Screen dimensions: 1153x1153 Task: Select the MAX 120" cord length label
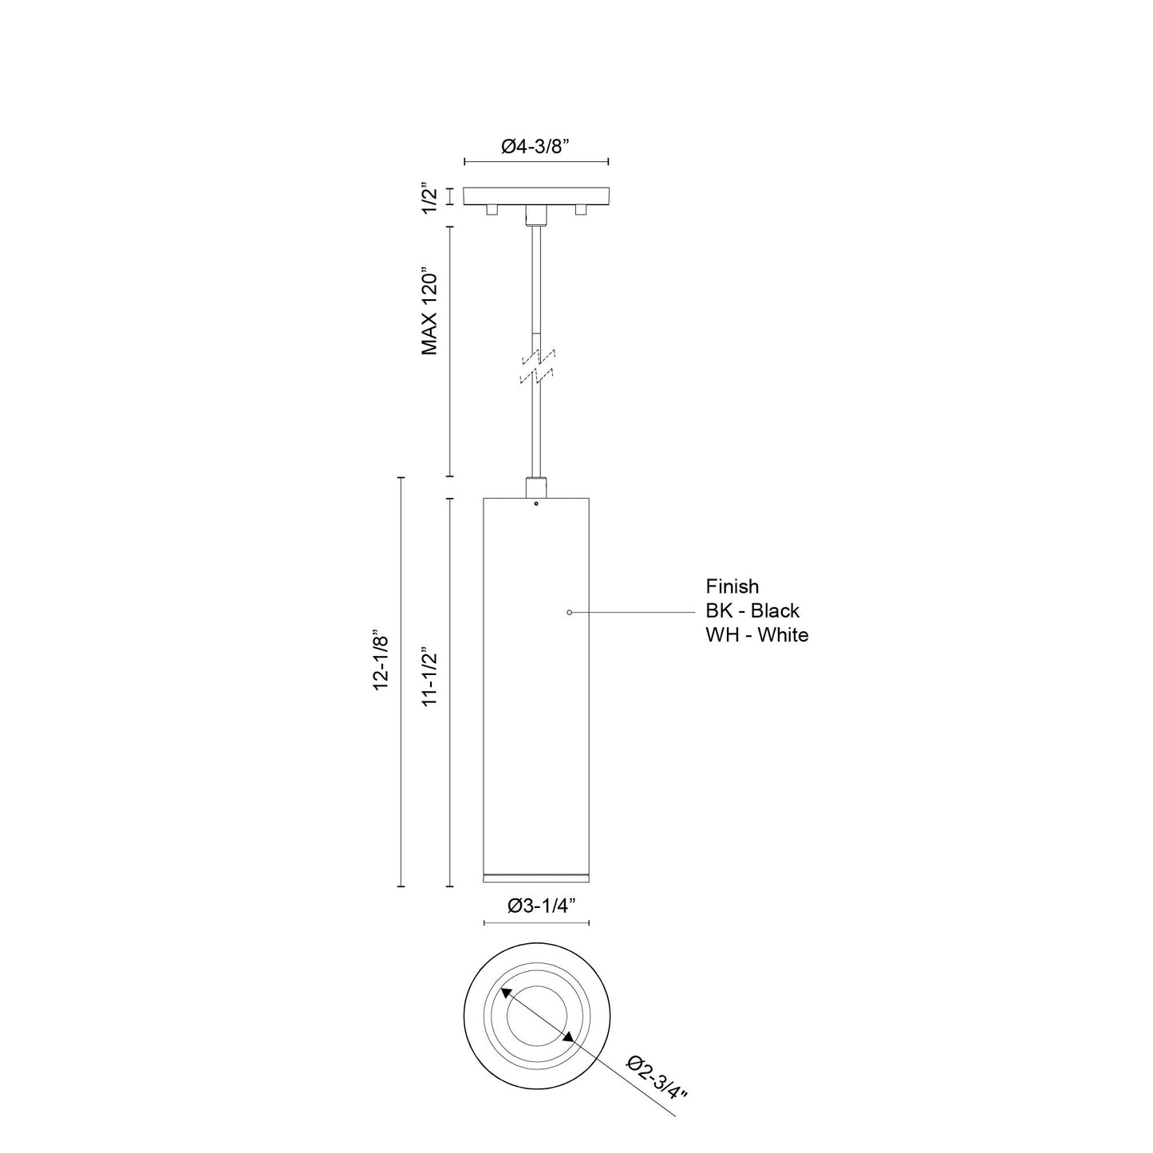pos(429,314)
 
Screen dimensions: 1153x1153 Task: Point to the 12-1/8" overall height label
pos(381,660)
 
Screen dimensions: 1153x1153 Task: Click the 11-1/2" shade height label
pos(429,676)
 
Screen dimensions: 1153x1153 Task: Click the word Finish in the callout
pos(732,586)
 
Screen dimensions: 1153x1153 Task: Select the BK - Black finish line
pos(752,610)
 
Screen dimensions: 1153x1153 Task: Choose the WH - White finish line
pos(757,634)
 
